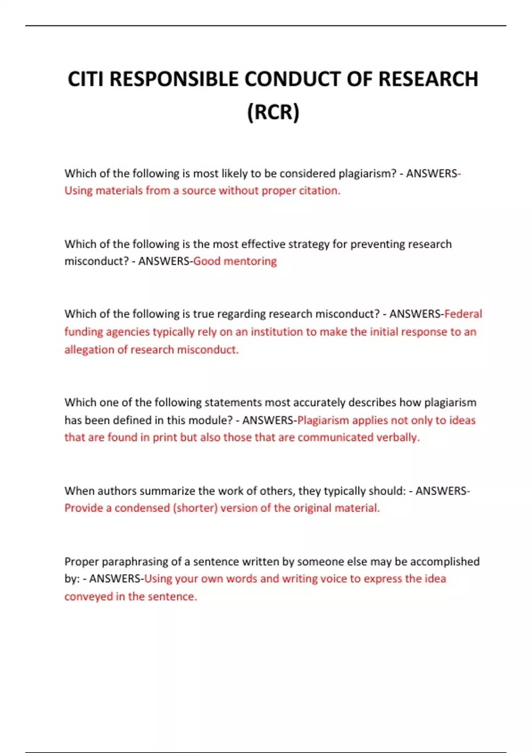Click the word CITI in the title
click(86, 80)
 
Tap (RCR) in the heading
click(273, 112)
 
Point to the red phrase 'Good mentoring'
click(235, 261)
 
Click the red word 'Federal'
click(463, 314)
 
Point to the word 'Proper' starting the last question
click(82, 561)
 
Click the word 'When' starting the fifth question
click(79, 491)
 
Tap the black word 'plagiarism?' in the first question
click(367, 173)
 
